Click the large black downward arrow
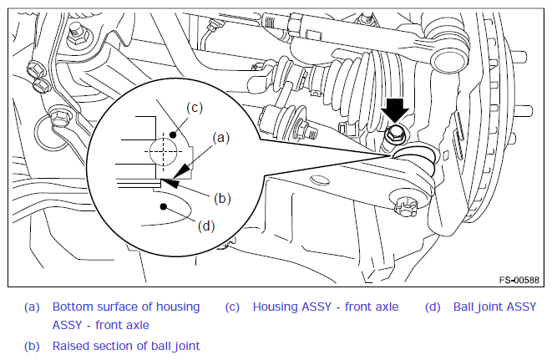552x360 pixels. pyautogui.click(x=395, y=110)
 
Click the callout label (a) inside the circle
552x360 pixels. pyautogui.click(x=221, y=137)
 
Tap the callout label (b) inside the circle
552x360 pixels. pyautogui.click(x=222, y=198)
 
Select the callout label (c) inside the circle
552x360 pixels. pyautogui.click(x=195, y=108)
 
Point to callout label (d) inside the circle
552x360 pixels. pyautogui.click(x=206, y=226)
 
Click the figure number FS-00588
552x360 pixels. pyautogui.click(x=519, y=280)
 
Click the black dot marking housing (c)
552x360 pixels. pyautogui.click(x=173, y=134)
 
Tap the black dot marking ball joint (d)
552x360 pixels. pyautogui.click(x=163, y=206)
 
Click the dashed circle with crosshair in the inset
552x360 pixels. pyautogui.click(x=164, y=152)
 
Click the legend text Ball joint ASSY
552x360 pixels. pyautogui.click(x=494, y=307)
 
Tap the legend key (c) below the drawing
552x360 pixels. pyautogui.click(x=232, y=307)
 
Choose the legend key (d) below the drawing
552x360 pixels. pyautogui.click(x=433, y=307)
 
